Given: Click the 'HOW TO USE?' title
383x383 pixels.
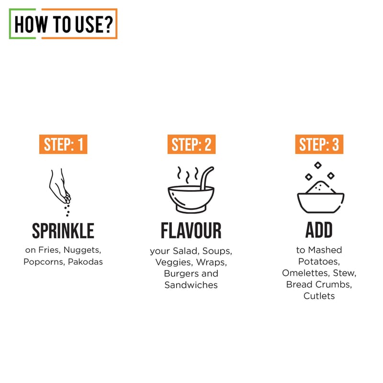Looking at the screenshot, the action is coord(64,24).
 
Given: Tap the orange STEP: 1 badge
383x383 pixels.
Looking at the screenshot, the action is coord(63,144).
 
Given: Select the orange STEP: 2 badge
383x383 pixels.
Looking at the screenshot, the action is coord(191,144).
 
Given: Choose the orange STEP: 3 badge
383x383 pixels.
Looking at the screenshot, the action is coord(319,144).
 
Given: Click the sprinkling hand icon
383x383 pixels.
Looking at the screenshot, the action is coord(60,192).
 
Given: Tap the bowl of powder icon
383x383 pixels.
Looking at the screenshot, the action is coord(320,188).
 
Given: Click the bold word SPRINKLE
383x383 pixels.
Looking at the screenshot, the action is coord(63,231).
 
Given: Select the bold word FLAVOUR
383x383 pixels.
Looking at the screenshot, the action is coord(191,231).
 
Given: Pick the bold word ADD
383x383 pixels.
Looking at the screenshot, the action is coord(319,230).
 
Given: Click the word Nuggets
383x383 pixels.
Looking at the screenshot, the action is coord(82,250).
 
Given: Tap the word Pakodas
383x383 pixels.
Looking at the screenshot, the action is coord(85,262).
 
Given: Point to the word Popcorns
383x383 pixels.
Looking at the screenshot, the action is coord(44,262).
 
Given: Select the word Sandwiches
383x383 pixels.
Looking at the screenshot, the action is coord(191,285).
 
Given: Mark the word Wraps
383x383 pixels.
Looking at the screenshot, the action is coord(212,262).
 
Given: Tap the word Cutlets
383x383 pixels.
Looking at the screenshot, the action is coord(319,296).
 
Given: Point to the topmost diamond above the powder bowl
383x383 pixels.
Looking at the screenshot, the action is coord(318,165).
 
